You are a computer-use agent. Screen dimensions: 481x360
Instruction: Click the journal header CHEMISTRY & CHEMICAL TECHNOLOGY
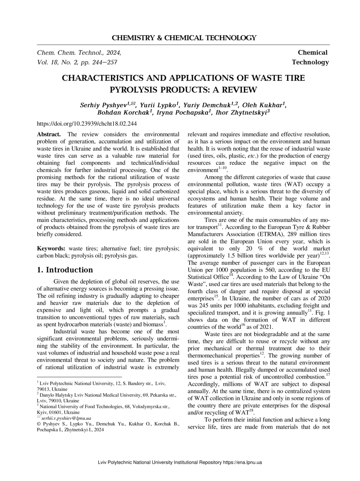184,38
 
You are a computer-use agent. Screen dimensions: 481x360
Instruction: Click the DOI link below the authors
87,124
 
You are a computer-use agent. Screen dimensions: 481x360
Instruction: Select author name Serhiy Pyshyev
104,105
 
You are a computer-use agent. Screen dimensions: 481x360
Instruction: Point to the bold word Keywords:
52,248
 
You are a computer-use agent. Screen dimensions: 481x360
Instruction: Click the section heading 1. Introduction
65,270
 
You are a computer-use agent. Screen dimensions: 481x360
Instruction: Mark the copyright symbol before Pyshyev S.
39,424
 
